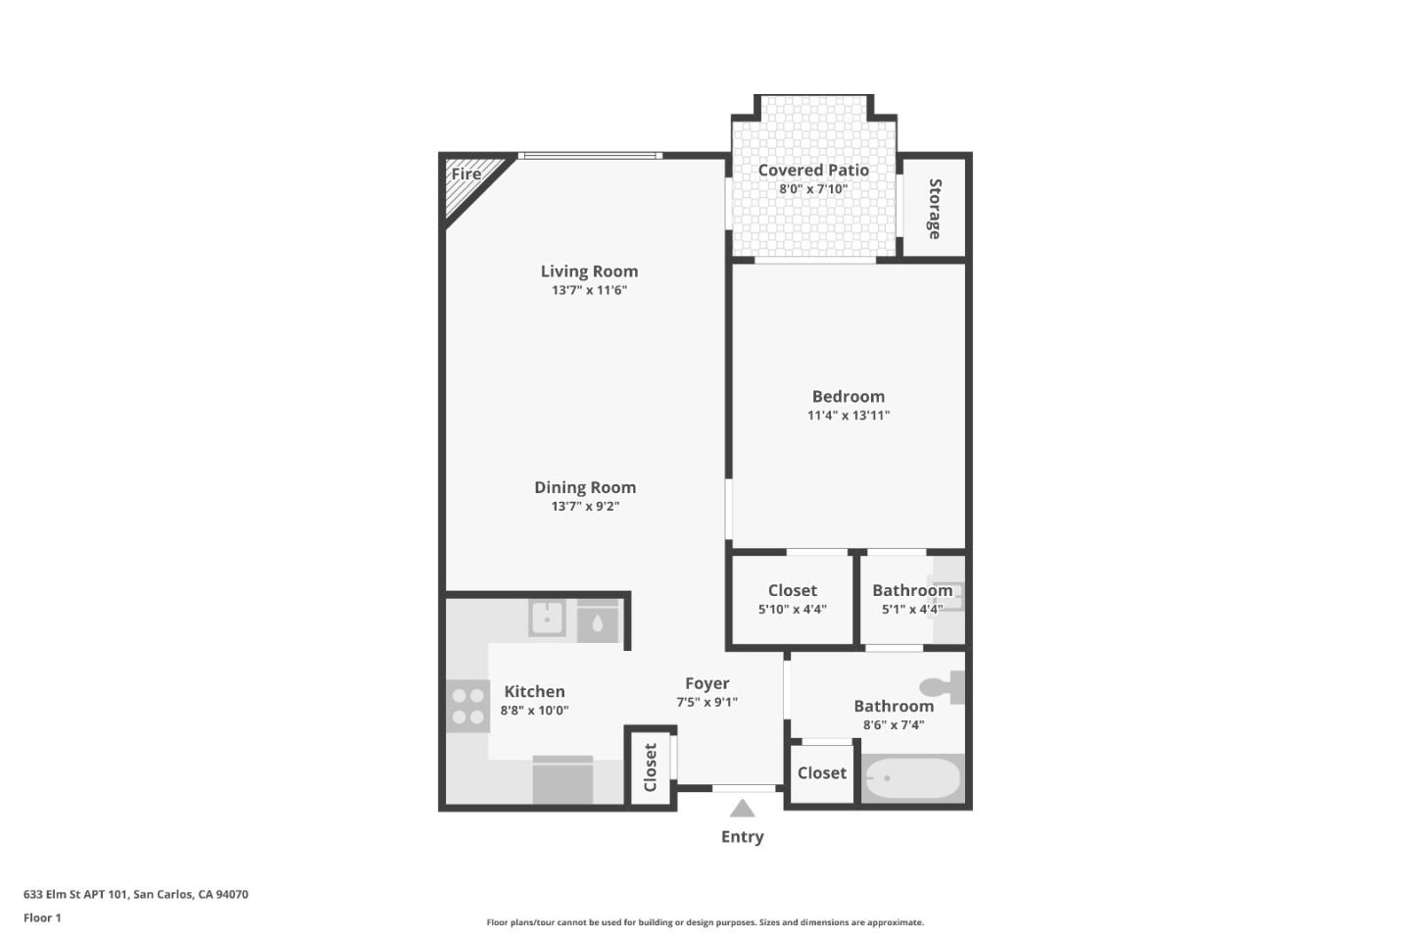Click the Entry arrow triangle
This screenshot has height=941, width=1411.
[x=742, y=809]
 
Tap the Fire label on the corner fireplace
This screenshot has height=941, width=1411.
[x=466, y=174]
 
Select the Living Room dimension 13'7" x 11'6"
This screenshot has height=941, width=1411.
[x=589, y=290]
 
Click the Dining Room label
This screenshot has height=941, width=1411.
[x=585, y=487]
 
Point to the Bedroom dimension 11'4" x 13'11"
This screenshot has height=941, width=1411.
[x=848, y=415]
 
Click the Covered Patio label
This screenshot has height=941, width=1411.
[x=812, y=170]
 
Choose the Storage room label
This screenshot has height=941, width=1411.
[x=934, y=209]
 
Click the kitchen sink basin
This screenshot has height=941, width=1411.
[x=547, y=619]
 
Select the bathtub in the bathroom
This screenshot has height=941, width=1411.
[x=912, y=778]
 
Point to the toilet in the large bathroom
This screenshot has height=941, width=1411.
[x=945, y=686]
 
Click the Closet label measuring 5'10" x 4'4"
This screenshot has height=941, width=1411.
[x=792, y=590]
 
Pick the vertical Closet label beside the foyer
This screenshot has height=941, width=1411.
[x=650, y=767]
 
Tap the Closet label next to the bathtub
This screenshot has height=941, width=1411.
[x=821, y=772]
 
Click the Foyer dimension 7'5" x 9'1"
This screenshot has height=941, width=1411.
[x=706, y=702]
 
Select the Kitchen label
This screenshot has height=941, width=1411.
[x=534, y=691]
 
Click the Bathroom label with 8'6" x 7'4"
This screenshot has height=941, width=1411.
[x=893, y=706]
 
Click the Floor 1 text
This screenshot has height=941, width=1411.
[x=42, y=917]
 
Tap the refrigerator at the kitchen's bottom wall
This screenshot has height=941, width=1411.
[x=562, y=780]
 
